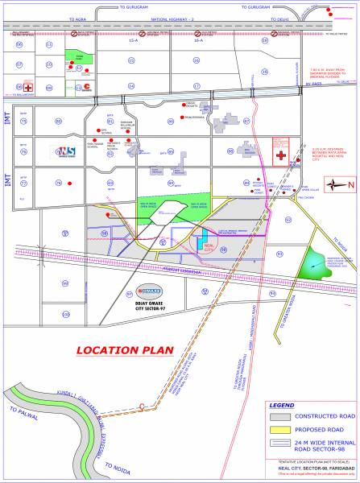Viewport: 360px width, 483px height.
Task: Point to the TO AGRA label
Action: point(78,17)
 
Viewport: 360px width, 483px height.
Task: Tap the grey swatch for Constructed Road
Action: point(280,418)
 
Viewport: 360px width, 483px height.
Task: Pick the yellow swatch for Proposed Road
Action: point(280,433)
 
